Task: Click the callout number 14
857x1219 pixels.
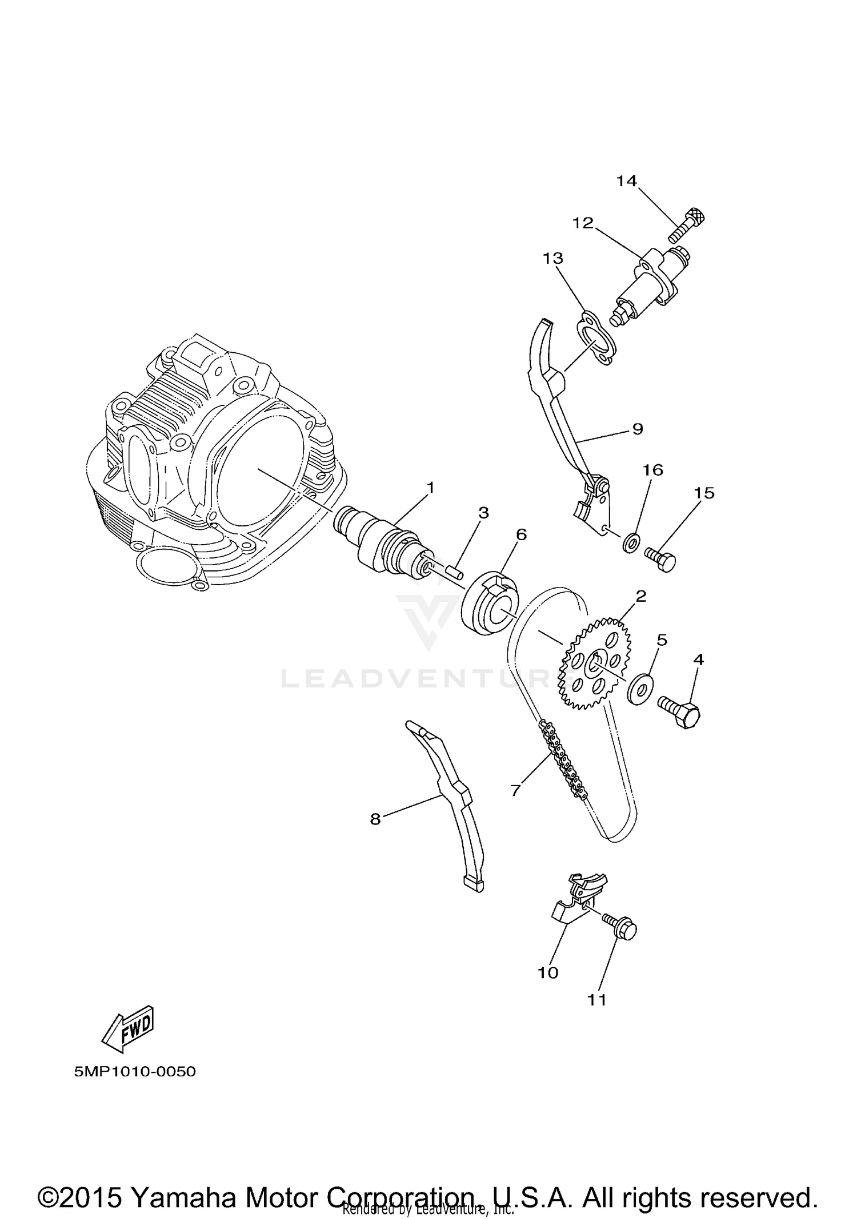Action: [x=626, y=181]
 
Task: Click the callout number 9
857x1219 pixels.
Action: [x=638, y=428]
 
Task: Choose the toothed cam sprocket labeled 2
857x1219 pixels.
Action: [x=596, y=663]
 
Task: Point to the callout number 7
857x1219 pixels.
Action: [x=515, y=790]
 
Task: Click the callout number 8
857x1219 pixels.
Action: [x=375, y=819]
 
